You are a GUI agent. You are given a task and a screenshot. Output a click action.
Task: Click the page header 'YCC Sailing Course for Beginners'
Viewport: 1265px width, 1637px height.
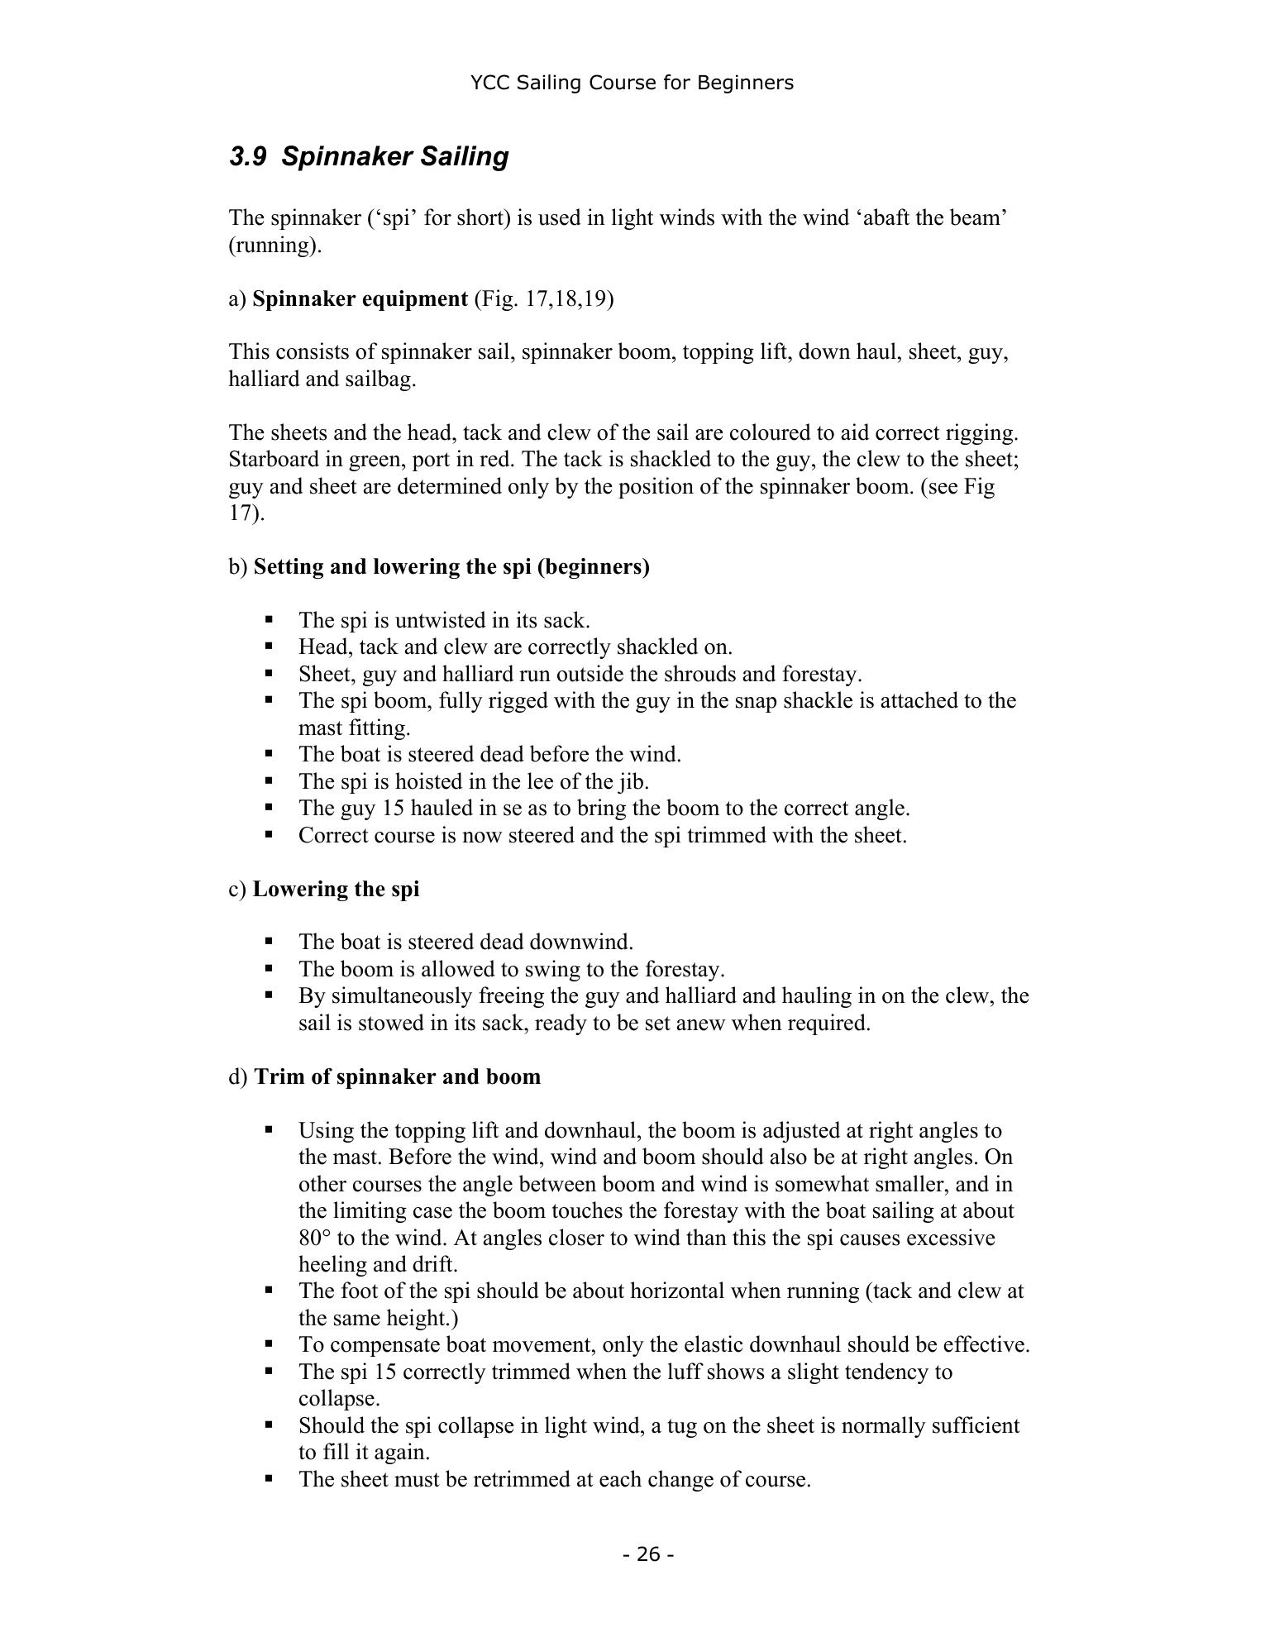pos(632,83)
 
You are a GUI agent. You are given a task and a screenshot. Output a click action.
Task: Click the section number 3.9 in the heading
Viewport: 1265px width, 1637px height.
pos(247,156)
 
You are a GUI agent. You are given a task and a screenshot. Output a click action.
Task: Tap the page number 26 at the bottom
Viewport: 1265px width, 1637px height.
pos(648,1554)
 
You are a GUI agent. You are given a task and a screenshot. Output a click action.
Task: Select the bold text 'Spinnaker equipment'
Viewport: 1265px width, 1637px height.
pos(360,298)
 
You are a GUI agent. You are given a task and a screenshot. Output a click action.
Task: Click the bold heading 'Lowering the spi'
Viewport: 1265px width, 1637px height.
pos(336,889)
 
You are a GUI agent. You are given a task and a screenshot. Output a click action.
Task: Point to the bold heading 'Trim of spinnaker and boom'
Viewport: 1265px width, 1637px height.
pos(397,1076)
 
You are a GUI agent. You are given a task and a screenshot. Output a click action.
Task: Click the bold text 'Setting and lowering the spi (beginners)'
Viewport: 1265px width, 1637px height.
pos(451,566)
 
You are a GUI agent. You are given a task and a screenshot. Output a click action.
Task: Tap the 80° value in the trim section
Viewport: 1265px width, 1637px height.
pos(314,1238)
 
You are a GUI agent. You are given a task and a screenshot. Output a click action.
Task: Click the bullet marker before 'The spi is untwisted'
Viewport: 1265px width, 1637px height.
pos(269,618)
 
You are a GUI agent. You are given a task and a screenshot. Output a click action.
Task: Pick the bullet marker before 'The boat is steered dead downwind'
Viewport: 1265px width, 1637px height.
pos(269,941)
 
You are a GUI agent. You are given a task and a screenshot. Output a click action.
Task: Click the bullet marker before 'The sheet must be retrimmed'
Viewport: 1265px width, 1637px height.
pos(269,1478)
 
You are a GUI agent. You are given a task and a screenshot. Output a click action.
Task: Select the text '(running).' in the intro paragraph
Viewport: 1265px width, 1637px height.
pos(275,246)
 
